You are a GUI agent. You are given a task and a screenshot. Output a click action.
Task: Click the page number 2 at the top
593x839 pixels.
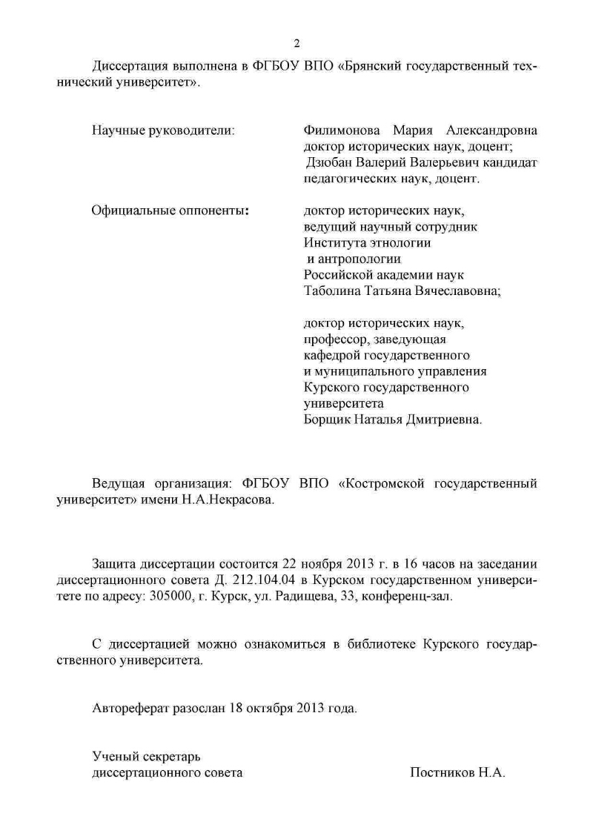click(x=296, y=42)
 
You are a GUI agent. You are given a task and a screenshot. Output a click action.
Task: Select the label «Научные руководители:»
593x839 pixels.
click(x=163, y=130)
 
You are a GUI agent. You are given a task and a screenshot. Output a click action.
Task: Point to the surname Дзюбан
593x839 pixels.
click(x=331, y=162)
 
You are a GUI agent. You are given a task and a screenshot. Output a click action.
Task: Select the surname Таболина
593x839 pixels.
click(x=332, y=291)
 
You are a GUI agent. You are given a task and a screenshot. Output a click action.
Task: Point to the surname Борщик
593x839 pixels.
click(x=327, y=419)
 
